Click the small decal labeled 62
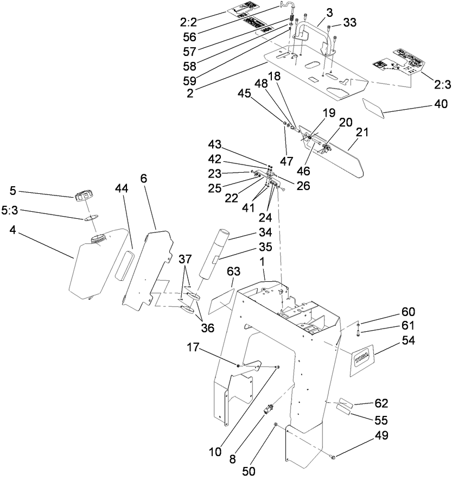click(x=348, y=403)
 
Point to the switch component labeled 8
click(x=269, y=409)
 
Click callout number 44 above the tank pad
click(x=122, y=188)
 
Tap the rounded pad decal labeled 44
click(x=125, y=266)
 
